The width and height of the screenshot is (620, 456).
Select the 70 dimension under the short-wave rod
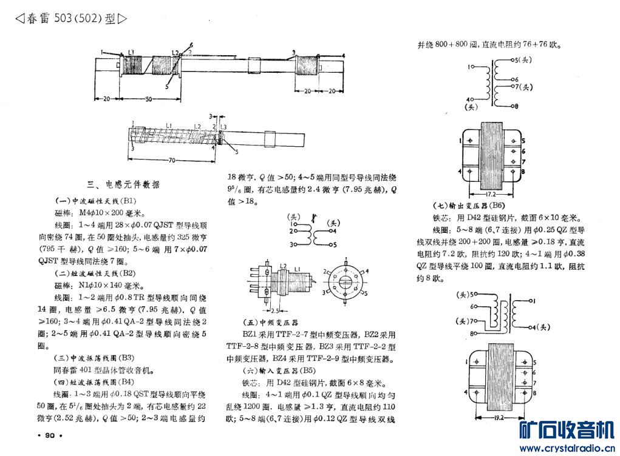point(172,159)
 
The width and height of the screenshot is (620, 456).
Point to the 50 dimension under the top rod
point(149,98)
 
